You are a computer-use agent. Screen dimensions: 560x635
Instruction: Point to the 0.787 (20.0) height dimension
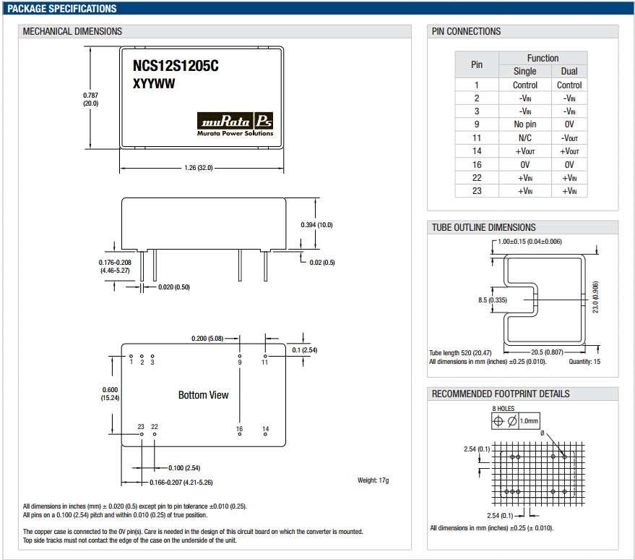[90, 99]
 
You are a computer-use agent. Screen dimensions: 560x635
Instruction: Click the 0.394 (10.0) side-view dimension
[316, 225]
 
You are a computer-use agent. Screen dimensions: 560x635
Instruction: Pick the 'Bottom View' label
[203, 395]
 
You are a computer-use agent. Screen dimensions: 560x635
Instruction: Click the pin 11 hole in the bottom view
[265, 356]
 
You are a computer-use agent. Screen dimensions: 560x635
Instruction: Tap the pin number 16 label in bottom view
[239, 430]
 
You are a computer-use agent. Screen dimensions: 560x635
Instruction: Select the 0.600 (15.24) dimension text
[110, 394]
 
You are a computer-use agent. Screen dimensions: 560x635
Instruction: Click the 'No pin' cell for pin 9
[525, 124]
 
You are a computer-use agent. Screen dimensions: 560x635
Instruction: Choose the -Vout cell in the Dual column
[569, 137]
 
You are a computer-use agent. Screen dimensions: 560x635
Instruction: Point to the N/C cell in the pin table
[525, 137]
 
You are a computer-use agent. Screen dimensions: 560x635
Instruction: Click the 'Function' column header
[543, 58]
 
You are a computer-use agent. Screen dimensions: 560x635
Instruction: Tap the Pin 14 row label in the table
[477, 151]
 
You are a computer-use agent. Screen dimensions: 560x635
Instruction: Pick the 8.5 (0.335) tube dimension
[492, 300]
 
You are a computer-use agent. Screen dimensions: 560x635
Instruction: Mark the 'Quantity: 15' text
[584, 361]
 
